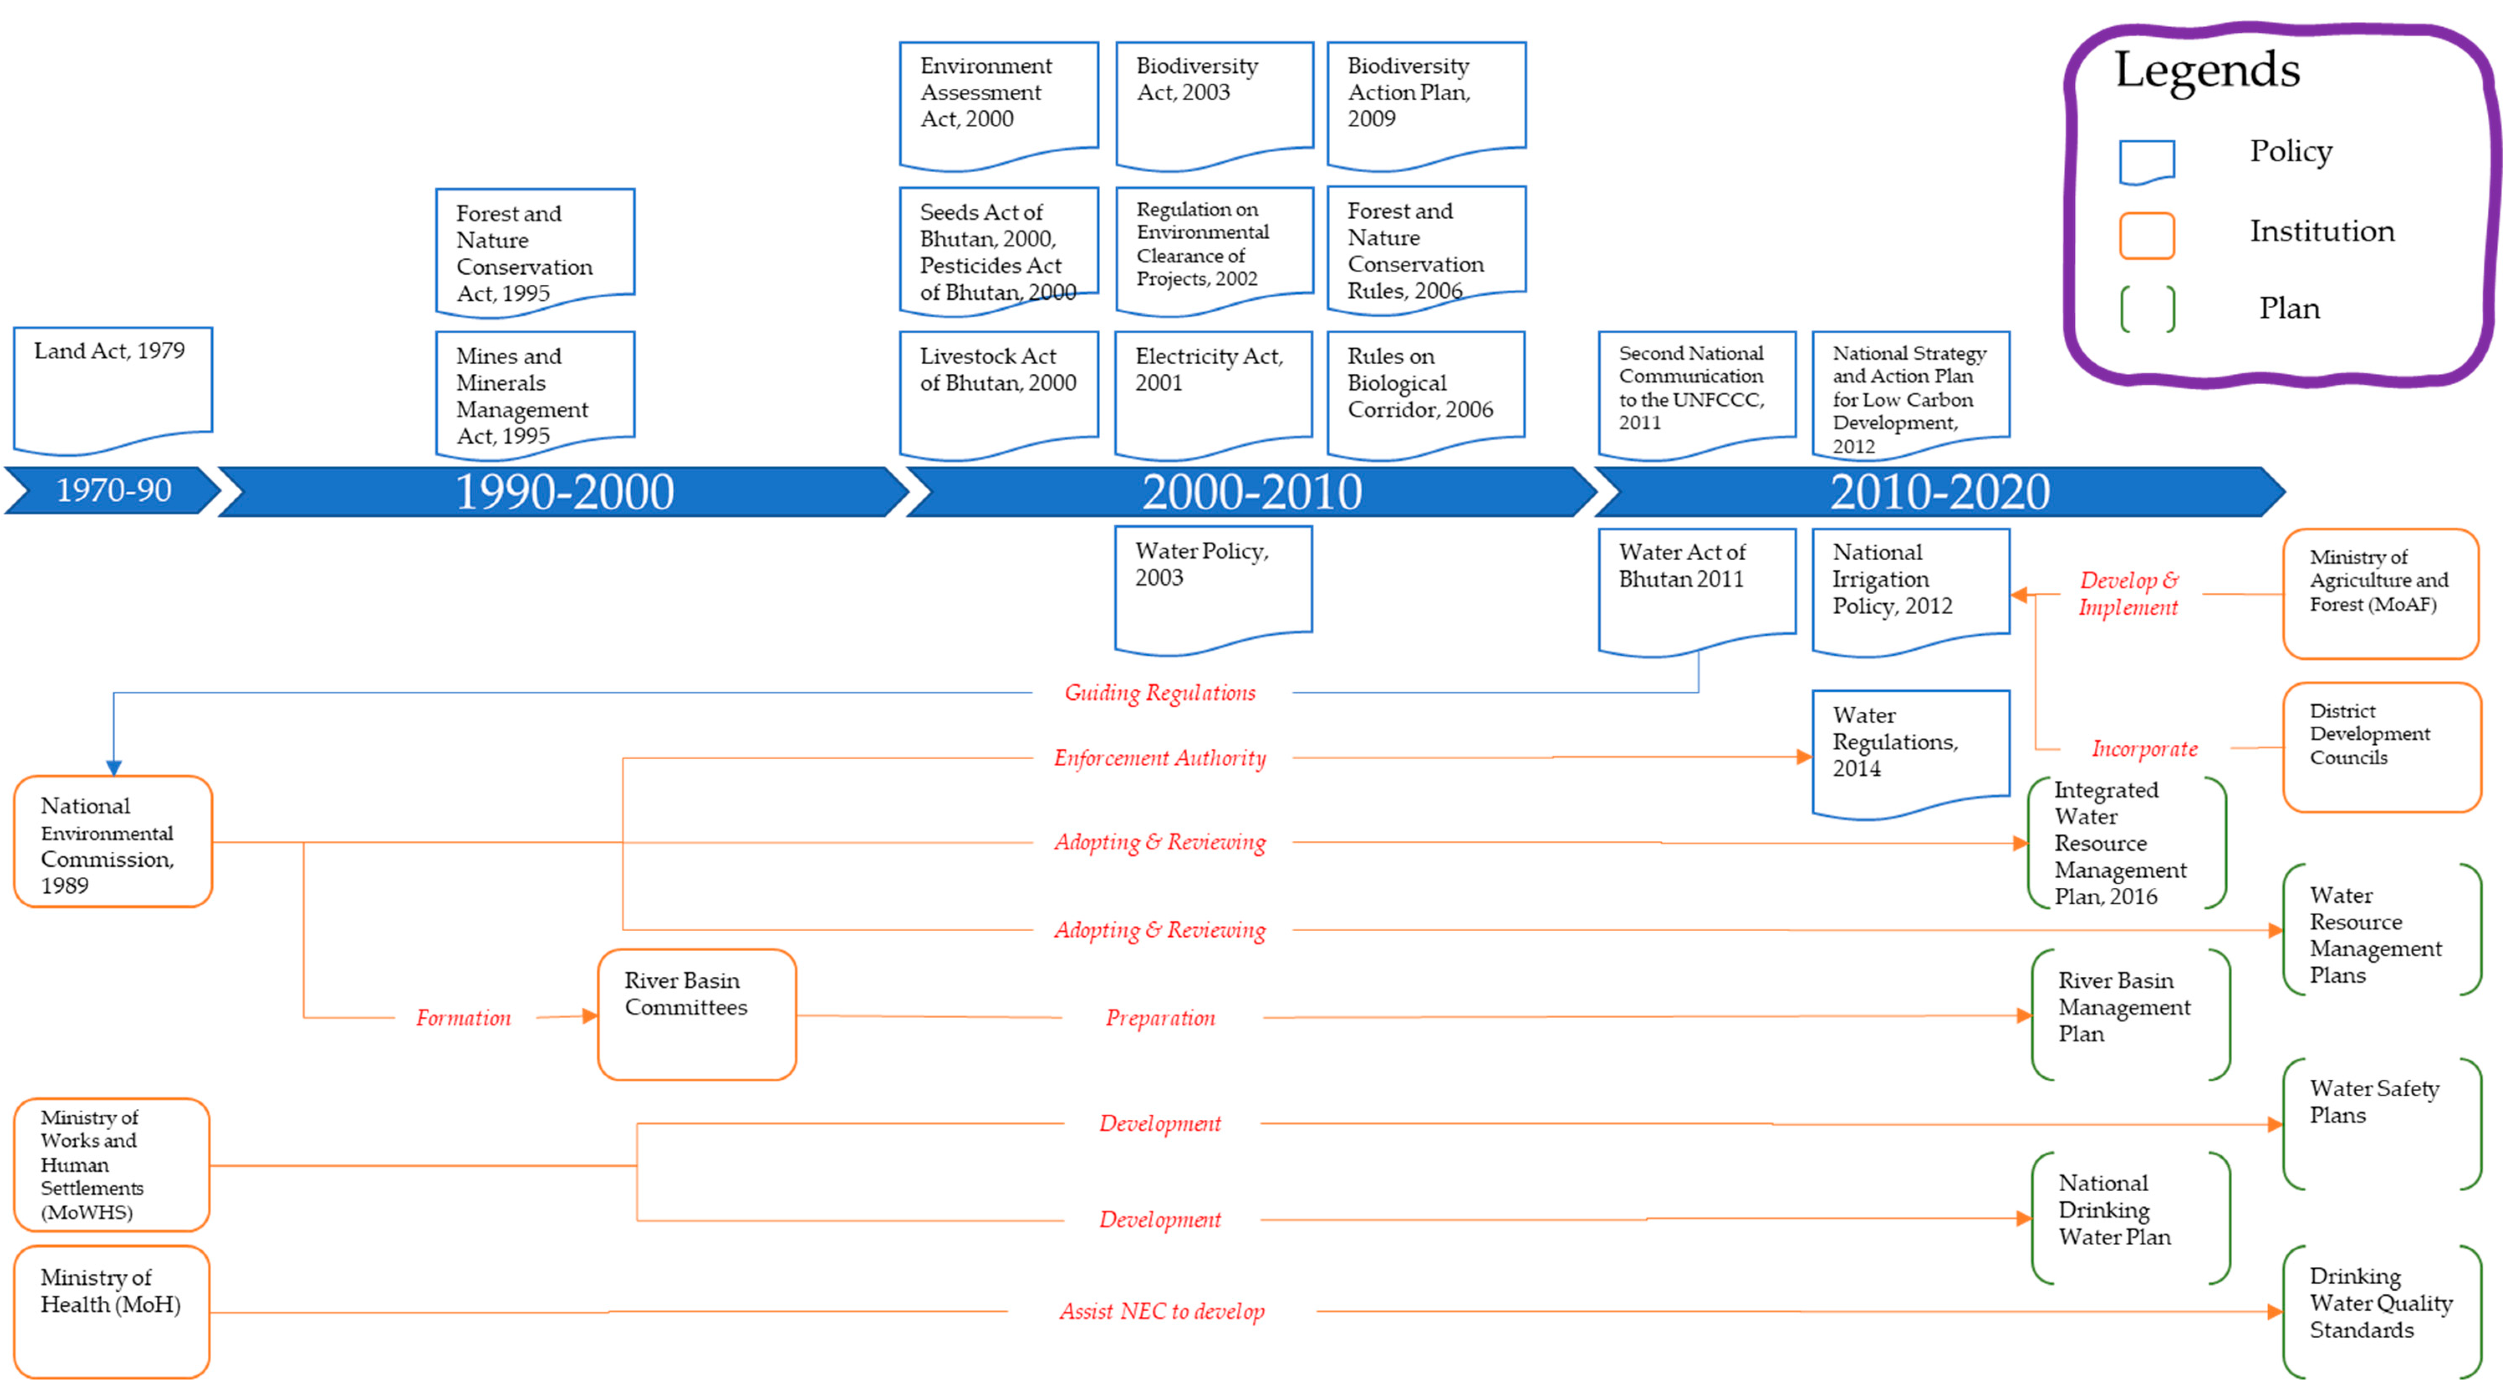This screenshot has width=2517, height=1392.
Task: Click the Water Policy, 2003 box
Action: (1213, 587)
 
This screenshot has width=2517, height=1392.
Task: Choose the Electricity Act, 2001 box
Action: (1213, 391)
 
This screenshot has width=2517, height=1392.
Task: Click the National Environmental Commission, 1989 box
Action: (112, 843)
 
